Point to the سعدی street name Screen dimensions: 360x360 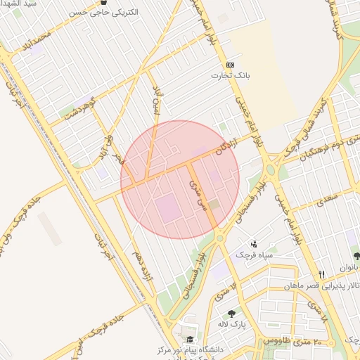tap(328, 201)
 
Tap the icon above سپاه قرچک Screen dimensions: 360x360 tap(253, 243)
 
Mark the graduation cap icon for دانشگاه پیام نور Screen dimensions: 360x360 tap(189, 340)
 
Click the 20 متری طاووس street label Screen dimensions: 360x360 tap(292, 340)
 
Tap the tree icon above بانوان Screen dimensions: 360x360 tap(356, 256)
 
